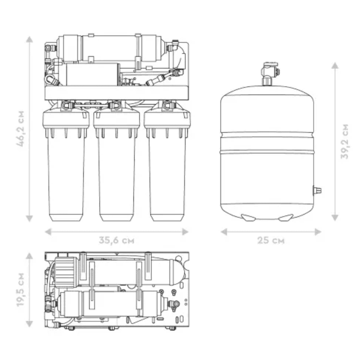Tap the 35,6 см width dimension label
[116, 241]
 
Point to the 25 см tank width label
[270, 241]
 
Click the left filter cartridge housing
[66, 172]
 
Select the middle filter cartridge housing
[117, 172]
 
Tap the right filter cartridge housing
[167, 172]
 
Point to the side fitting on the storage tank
[317, 189]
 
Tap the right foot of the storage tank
[287, 216]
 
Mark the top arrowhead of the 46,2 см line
[30, 38]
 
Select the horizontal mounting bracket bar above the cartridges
[116, 92]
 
